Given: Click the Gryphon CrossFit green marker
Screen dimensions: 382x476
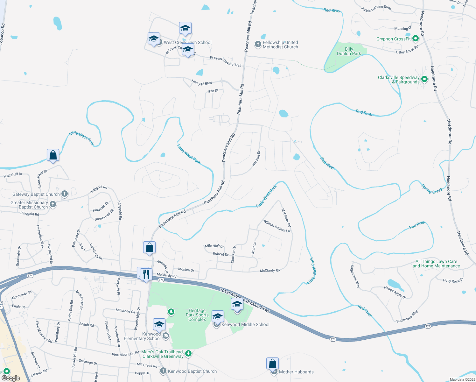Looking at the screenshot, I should click(415, 39).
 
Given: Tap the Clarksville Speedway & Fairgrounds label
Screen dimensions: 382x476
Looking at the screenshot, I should click(399, 80).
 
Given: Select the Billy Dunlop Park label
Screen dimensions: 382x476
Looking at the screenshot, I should click(349, 51).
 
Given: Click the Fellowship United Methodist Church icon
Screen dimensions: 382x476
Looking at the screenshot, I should click(258, 44).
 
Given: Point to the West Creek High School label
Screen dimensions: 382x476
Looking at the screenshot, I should click(187, 42).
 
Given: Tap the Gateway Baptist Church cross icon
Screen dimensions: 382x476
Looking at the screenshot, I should click(65, 194).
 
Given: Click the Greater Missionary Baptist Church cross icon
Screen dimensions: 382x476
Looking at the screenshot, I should click(53, 204).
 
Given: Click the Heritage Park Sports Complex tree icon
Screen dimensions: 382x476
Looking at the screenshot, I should click(171, 311).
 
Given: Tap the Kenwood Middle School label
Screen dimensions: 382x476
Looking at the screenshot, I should click(245, 324).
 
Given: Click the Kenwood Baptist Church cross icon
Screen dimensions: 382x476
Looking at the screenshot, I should click(163, 371).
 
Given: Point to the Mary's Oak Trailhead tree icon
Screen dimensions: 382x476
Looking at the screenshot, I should click(189, 353).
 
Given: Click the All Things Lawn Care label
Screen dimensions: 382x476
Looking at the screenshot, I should click(436, 264).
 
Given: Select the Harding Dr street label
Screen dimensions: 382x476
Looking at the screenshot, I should click(256, 159).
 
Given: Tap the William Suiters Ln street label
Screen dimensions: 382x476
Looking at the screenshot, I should click(276, 226).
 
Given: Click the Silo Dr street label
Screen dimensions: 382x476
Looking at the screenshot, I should click(213, 91).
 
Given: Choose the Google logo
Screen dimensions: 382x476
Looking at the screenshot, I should click(10, 378).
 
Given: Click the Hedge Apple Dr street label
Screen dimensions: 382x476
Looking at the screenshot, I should click(395, 293).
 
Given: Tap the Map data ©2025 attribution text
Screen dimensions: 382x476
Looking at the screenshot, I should click(462, 379).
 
